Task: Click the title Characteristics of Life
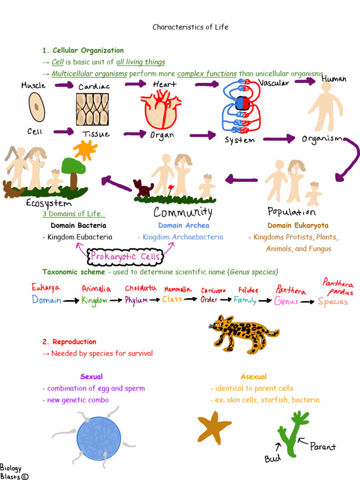pyautogui.click(x=190, y=27)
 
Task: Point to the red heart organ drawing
pyautogui.click(x=160, y=110)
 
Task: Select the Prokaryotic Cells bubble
pyautogui.click(x=127, y=256)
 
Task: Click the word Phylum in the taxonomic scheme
pyautogui.click(x=136, y=300)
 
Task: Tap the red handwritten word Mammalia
pyautogui.click(x=178, y=290)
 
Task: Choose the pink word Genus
pyautogui.click(x=286, y=301)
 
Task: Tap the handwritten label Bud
pyautogui.click(x=272, y=459)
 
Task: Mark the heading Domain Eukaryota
pyautogui.click(x=298, y=225)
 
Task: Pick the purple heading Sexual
pyautogui.click(x=91, y=376)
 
